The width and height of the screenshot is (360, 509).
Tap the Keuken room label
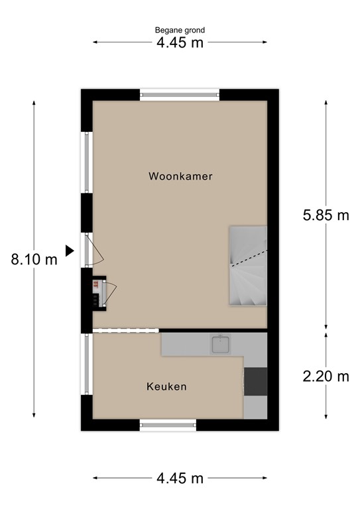(x=166, y=386)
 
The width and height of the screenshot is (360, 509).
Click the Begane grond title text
(x=180, y=30)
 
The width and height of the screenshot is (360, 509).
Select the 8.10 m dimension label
(x=34, y=260)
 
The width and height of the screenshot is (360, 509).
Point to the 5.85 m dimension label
(x=326, y=215)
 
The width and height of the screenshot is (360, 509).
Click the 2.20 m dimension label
(x=326, y=376)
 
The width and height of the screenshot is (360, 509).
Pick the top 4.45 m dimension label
(x=180, y=42)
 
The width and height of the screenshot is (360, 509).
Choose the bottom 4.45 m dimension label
(x=180, y=478)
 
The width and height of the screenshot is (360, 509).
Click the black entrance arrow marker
(x=69, y=250)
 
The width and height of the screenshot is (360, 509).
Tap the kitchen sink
(x=220, y=344)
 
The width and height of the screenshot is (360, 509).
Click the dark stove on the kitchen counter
(x=255, y=380)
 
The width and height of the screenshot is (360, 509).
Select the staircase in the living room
(x=248, y=265)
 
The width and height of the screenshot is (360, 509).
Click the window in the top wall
(x=180, y=95)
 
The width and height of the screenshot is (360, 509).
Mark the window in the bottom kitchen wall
(x=168, y=425)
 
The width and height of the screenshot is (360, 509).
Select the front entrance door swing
(x=95, y=250)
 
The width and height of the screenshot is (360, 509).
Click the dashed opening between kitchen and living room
(x=126, y=330)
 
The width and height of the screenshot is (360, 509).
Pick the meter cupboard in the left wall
(x=98, y=292)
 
